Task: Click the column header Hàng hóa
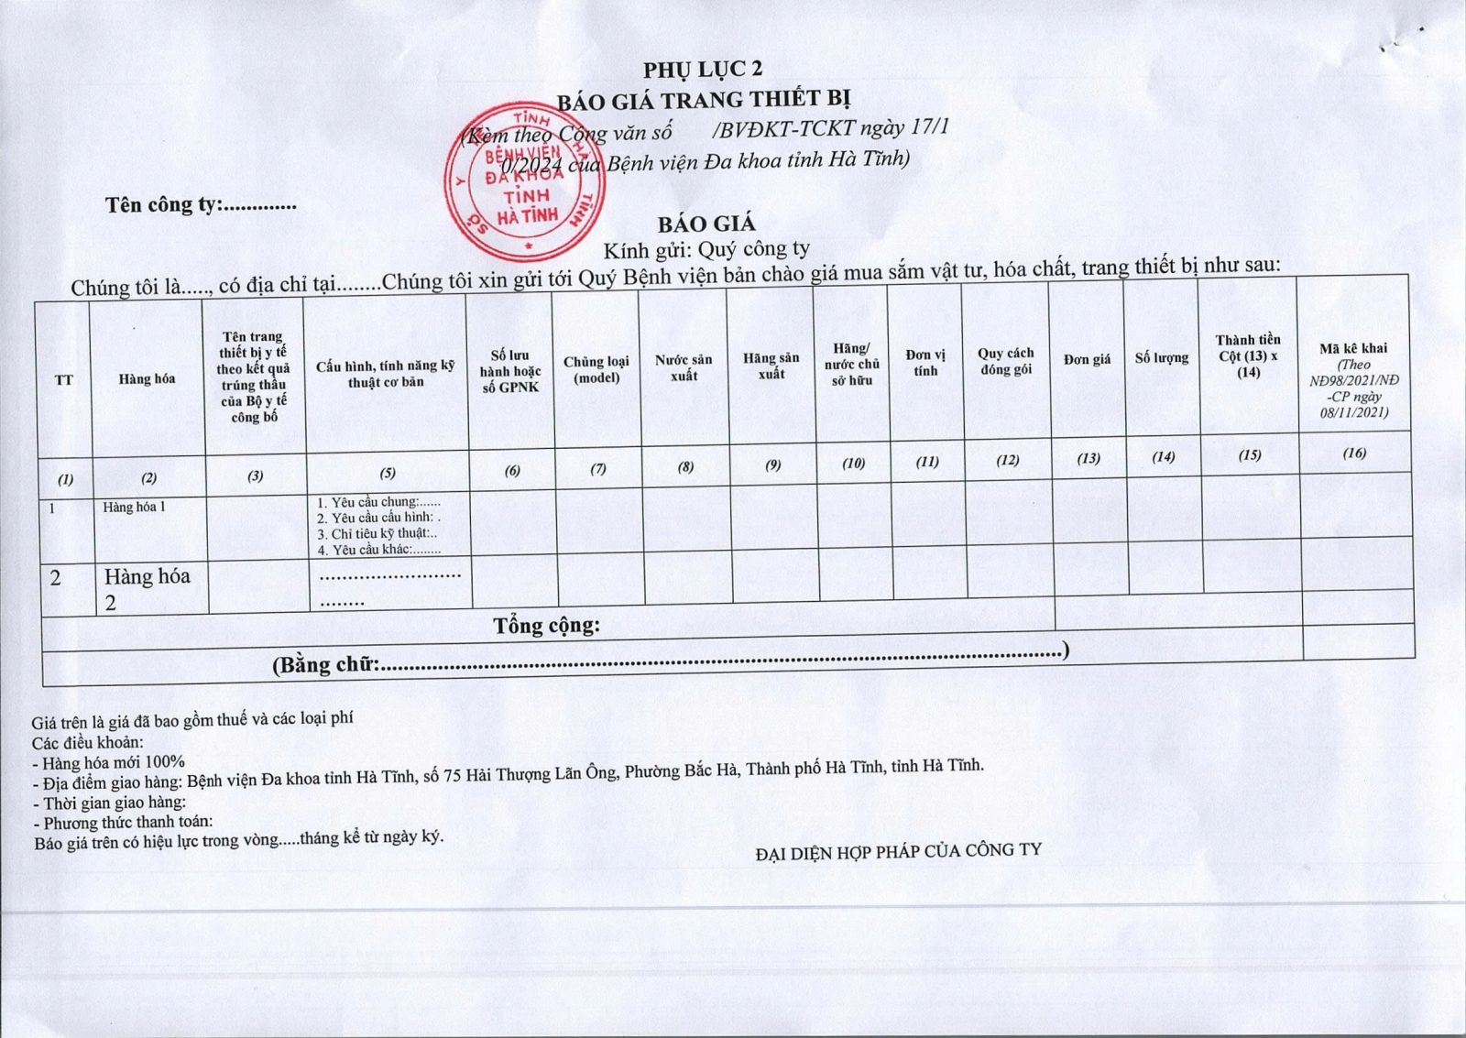pyautogui.click(x=147, y=379)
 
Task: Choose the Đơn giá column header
pyautogui.click(x=1087, y=359)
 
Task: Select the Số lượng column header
pyautogui.click(x=1162, y=357)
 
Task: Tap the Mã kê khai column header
pyautogui.click(x=1353, y=348)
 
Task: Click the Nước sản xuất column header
pyautogui.click(x=684, y=367)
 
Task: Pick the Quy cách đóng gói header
pyautogui.click(x=1005, y=361)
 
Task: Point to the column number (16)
pyautogui.click(x=1354, y=453)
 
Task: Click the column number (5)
pyautogui.click(x=388, y=473)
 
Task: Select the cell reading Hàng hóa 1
pyautogui.click(x=135, y=507)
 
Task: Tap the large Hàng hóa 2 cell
pyautogui.click(x=147, y=587)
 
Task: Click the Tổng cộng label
pyautogui.click(x=547, y=626)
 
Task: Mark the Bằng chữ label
pyautogui.click(x=326, y=664)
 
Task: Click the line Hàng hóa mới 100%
pyautogui.click(x=109, y=762)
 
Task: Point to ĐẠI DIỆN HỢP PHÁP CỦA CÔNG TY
pyautogui.click(x=898, y=851)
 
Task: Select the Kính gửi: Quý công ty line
pyautogui.click(x=706, y=249)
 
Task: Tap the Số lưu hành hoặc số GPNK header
pyautogui.click(x=510, y=371)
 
